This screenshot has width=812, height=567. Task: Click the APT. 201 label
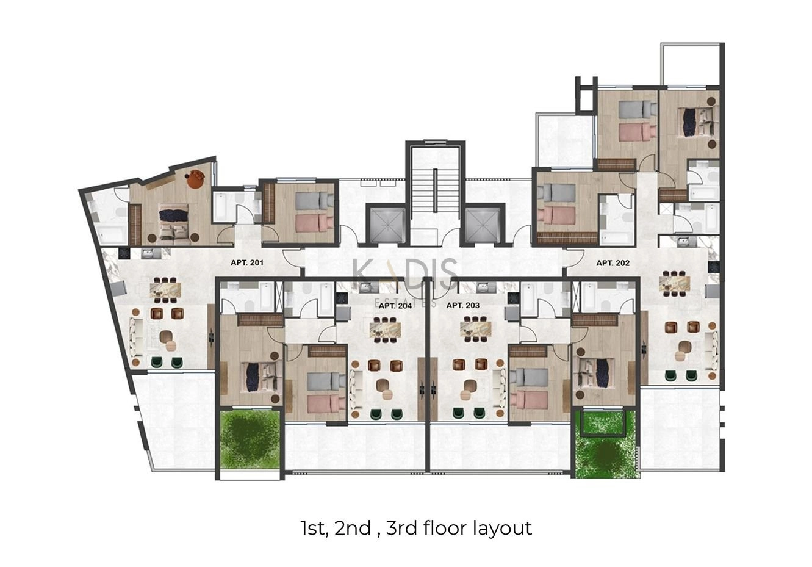[247, 262]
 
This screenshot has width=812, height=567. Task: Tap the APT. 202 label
[613, 263]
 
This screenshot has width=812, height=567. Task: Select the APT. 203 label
[463, 305]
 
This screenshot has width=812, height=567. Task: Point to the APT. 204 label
[395, 306]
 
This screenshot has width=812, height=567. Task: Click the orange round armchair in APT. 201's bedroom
[196, 179]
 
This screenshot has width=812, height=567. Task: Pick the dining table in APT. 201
[166, 290]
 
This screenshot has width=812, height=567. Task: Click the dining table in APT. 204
[385, 330]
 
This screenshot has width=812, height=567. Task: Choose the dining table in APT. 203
[476, 330]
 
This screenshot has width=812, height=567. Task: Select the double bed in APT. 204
[261, 377]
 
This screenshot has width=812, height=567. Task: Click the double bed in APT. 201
[174, 222]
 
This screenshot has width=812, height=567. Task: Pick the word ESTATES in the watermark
[406, 302]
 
